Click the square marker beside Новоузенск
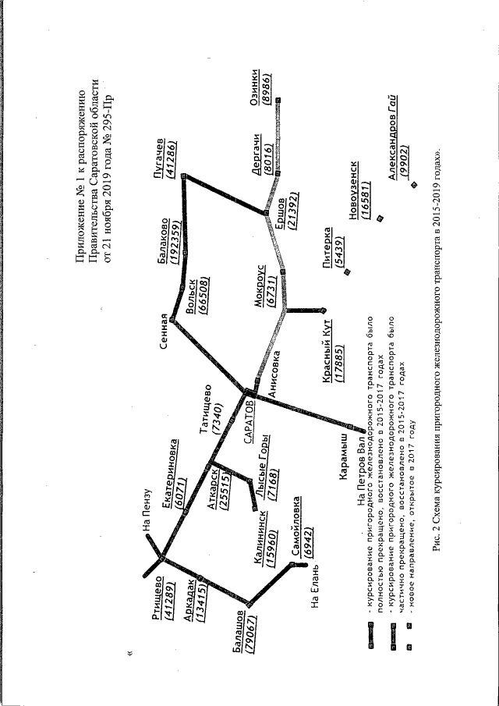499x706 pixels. [x=380, y=220]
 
